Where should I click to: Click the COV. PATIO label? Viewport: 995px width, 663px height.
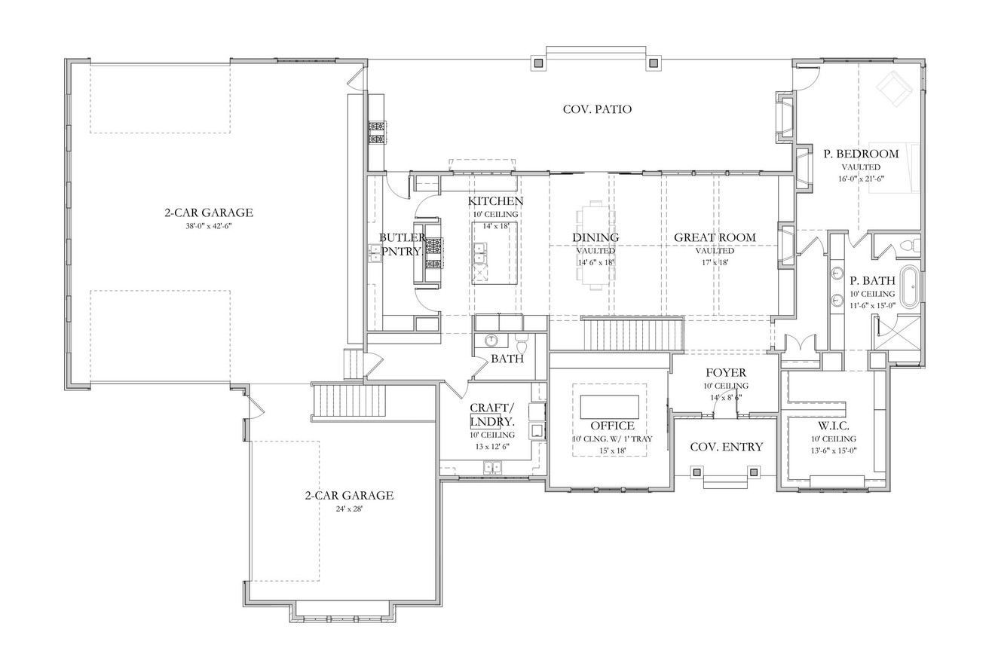[x=597, y=109]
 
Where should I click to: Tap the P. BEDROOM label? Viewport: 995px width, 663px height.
[x=861, y=154]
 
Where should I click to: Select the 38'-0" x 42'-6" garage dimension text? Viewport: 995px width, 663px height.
[x=209, y=226]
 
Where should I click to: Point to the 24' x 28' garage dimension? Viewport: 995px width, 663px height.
[x=349, y=508]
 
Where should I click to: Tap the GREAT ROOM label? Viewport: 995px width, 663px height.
[x=714, y=237]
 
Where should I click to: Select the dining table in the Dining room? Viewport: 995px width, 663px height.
[x=595, y=245]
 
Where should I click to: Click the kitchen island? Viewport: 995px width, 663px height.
[x=494, y=252]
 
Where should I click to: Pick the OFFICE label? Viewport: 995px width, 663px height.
[x=612, y=426]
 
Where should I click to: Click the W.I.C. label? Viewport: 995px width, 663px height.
[x=833, y=425]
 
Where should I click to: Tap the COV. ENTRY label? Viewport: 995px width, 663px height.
[x=727, y=447]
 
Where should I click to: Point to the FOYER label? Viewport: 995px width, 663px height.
[x=725, y=373]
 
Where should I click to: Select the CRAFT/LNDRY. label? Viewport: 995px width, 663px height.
[x=492, y=414]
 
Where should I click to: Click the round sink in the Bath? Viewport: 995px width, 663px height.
[x=491, y=340]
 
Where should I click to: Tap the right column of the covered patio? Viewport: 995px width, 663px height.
[x=654, y=63]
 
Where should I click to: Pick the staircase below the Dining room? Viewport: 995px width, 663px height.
[x=632, y=334]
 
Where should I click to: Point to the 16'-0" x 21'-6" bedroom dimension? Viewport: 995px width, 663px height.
[x=861, y=179]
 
